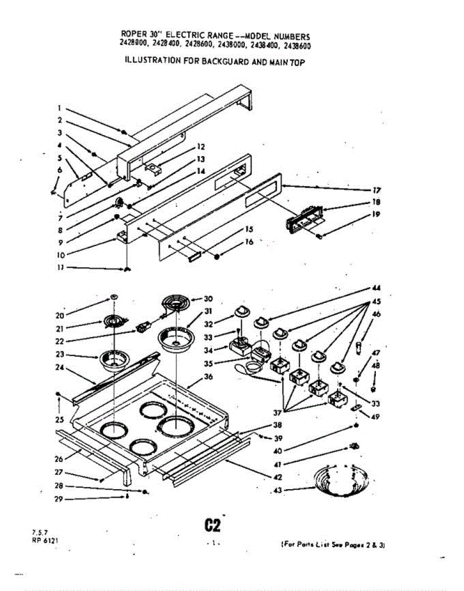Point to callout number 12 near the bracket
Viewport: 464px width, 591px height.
[200, 146]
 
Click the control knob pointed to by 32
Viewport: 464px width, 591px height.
[241, 311]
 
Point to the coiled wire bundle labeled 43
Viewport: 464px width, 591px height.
[341, 478]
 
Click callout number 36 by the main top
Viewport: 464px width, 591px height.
[207, 378]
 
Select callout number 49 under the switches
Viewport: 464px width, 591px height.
[376, 417]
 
